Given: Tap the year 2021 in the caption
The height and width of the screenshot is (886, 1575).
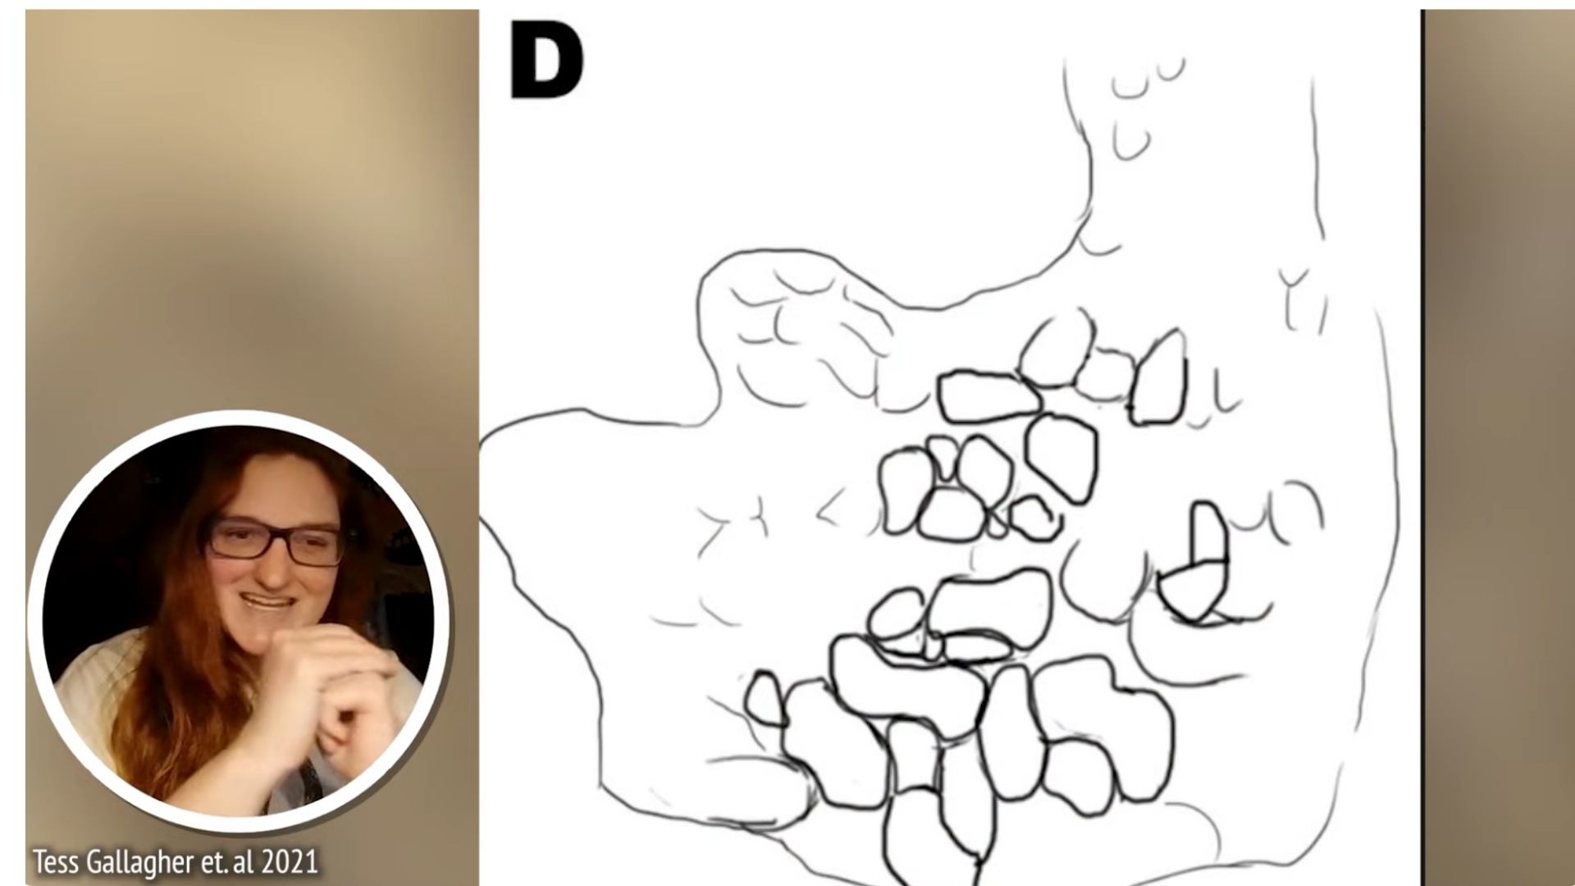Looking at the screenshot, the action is point(288,862).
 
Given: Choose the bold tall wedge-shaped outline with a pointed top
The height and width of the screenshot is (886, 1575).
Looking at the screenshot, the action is point(1159,378).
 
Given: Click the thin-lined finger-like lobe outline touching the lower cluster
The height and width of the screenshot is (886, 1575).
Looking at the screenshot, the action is point(759,792).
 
